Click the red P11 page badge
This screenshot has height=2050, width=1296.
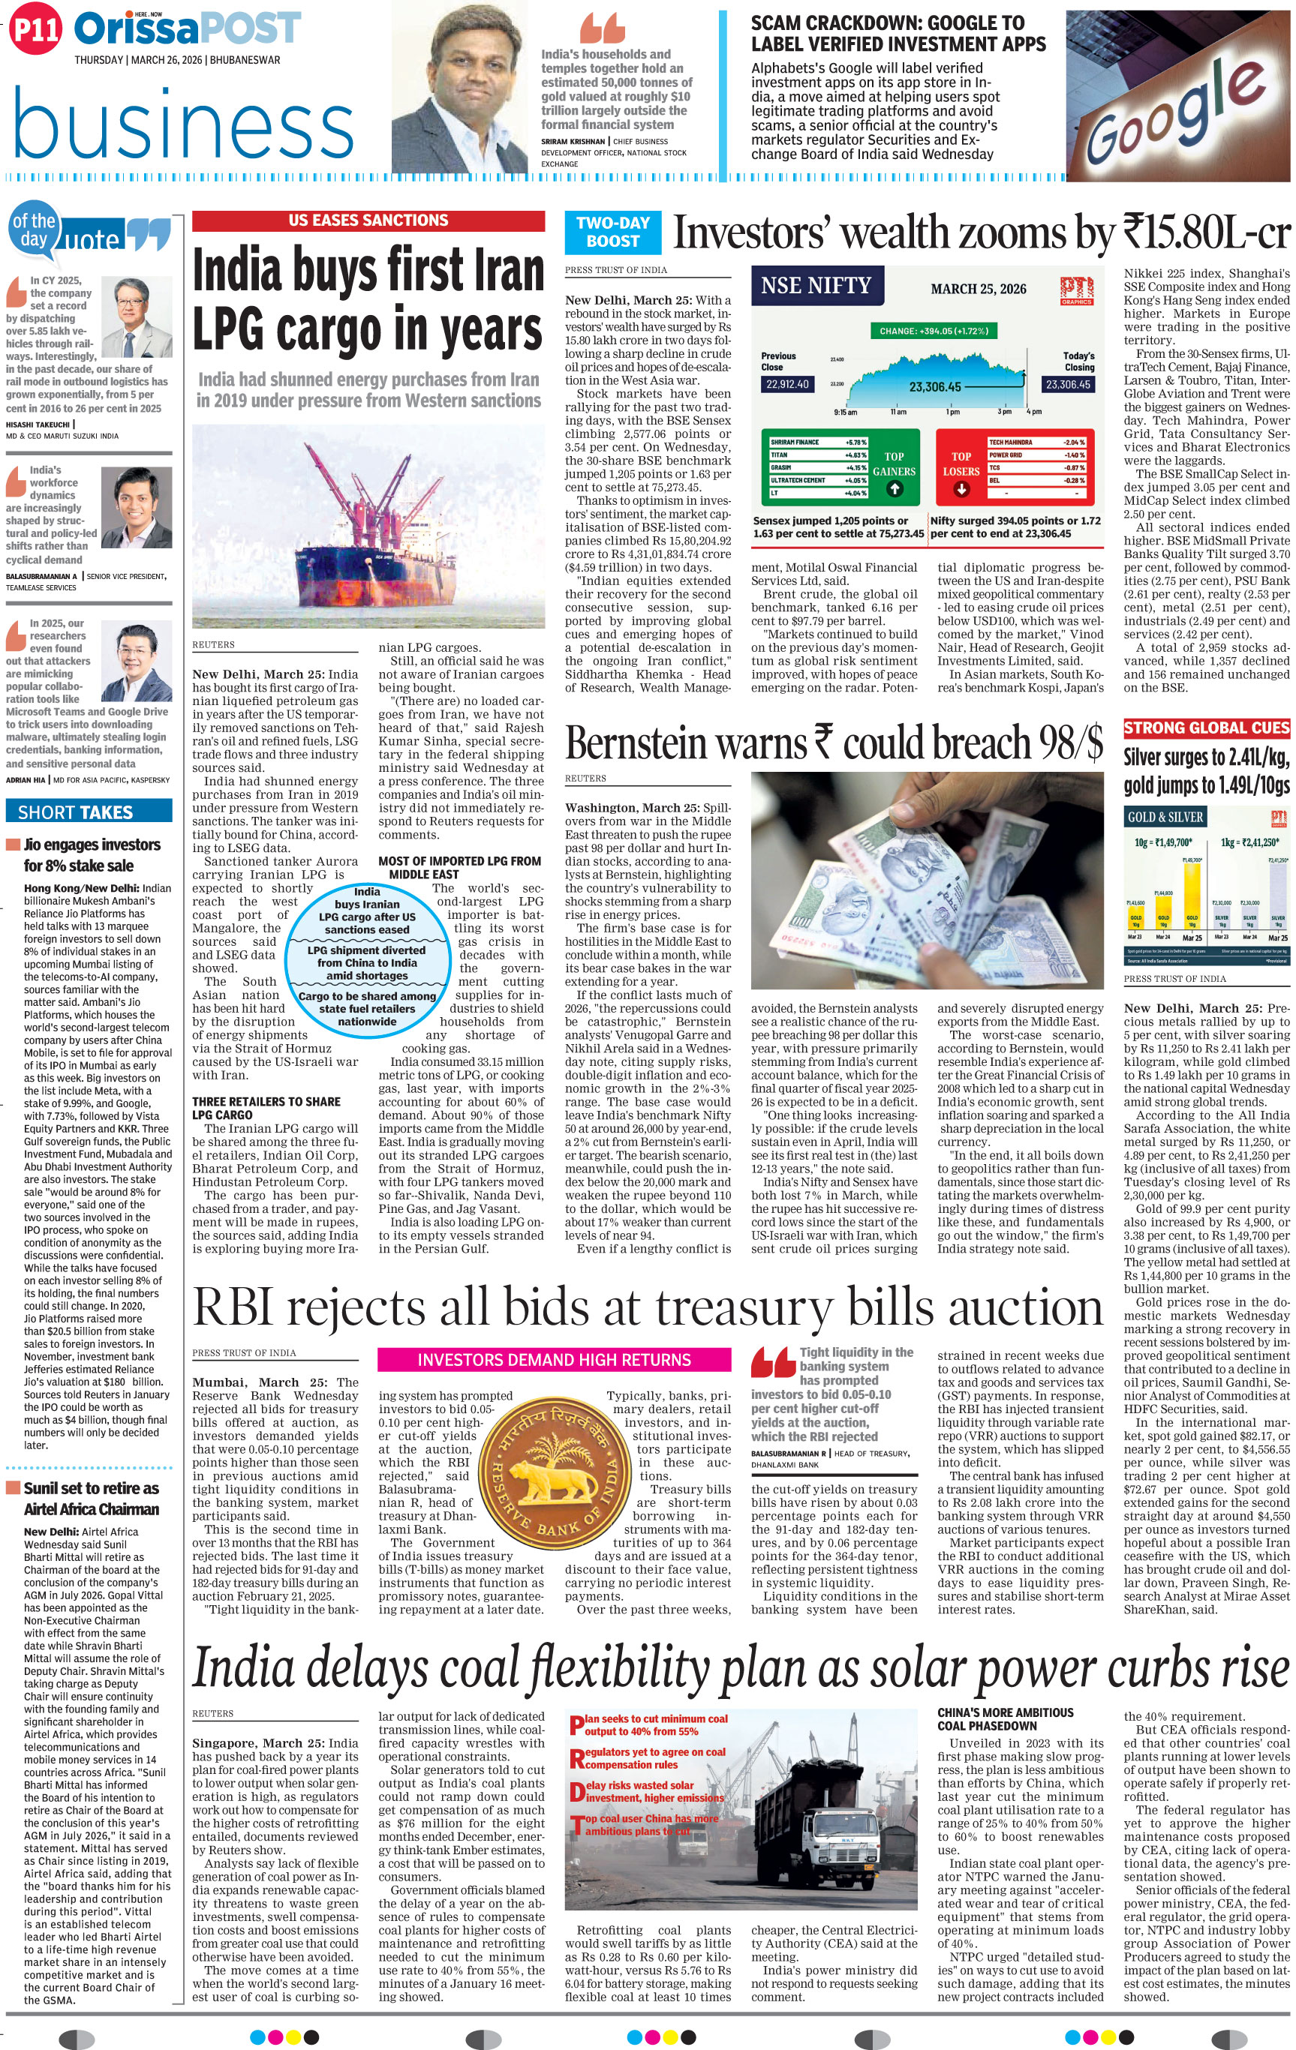click(x=36, y=32)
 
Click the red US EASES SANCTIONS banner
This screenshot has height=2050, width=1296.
click(x=368, y=221)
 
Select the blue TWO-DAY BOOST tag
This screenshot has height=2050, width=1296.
click(x=613, y=233)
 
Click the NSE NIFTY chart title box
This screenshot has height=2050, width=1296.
click(x=816, y=286)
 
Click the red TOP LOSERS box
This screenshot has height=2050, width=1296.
click(x=961, y=466)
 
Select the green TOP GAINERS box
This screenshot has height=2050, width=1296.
click(x=893, y=466)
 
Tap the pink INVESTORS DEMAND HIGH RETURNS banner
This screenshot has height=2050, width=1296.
click(x=554, y=1360)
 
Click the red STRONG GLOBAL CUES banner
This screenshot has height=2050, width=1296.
click(x=1207, y=728)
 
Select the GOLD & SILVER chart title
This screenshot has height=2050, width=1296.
click(x=1165, y=818)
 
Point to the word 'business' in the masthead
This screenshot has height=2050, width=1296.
click(x=183, y=128)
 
